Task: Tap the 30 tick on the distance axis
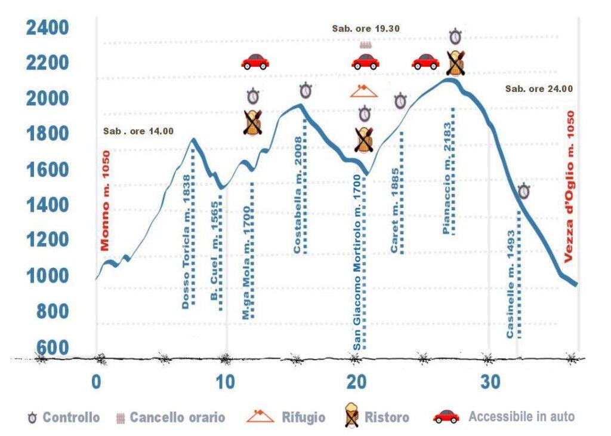click(x=490, y=381)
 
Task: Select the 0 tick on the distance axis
click(x=96, y=381)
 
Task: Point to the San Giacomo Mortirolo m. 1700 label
click(x=357, y=263)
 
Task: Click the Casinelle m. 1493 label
click(x=510, y=285)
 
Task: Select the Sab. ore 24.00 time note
click(x=539, y=88)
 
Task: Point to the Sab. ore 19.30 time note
click(x=366, y=28)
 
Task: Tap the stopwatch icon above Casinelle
click(x=524, y=191)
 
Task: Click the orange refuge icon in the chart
click(x=364, y=91)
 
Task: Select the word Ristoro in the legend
click(x=387, y=417)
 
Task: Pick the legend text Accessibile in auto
click(x=521, y=416)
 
